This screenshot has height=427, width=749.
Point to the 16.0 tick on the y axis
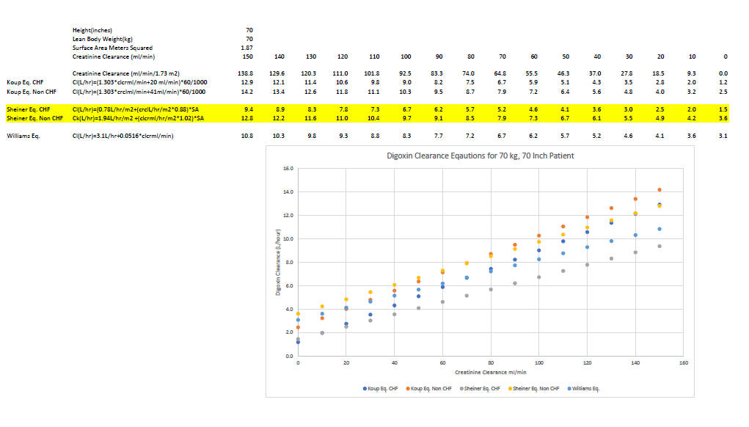click(x=288, y=169)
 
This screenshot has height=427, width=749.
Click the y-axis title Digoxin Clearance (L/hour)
click(x=278, y=262)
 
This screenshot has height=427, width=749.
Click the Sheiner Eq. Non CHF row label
click(x=34, y=118)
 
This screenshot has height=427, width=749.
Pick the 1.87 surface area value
click(x=248, y=48)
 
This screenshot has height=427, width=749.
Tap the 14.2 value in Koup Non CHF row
click(x=248, y=92)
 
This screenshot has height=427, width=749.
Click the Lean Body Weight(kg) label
click(x=103, y=39)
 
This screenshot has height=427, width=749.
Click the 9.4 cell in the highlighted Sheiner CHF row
click(x=248, y=109)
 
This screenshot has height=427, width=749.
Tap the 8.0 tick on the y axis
click(x=289, y=262)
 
